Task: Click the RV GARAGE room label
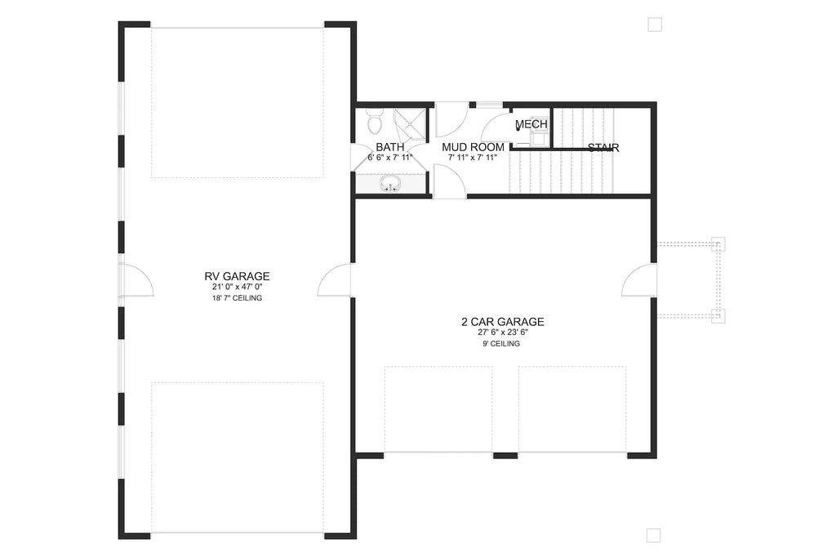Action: click(x=237, y=276)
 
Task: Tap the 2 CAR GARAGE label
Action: click(x=502, y=322)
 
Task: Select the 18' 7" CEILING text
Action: click(x=237, y=298)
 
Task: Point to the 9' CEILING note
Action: click(x=501, y=344)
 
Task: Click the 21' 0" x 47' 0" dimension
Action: click(x=237, y=288)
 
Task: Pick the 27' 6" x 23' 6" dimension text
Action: click(x=501, y=333)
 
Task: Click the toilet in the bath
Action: click(x=374, y=123)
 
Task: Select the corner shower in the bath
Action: click(x=411, y=123)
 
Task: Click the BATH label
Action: click(x=389, y=147)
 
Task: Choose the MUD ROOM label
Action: click(x=473, y=147)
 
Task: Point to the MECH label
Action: click(x=531, y=124)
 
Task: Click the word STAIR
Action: click(x=603, y=148)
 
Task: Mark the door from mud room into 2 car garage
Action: click(x=448, y=181)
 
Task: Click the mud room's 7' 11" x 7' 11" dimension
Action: click(x=473, y=158)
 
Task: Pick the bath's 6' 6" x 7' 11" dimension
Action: click(x=390, y=158)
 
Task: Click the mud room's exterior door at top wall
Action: click(x=450, y=119)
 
